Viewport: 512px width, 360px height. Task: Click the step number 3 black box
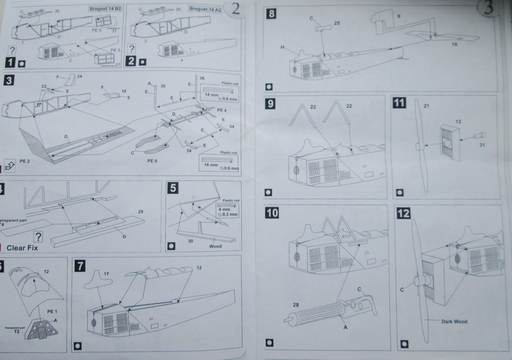(x=9, y=81)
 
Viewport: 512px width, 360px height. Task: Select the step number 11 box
(x=399, y=104)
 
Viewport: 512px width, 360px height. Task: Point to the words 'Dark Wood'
(x=453, y=321)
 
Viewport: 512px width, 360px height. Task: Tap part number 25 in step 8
(x=336, y=23)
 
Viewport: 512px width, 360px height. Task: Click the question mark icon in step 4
(x=39, y=236)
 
